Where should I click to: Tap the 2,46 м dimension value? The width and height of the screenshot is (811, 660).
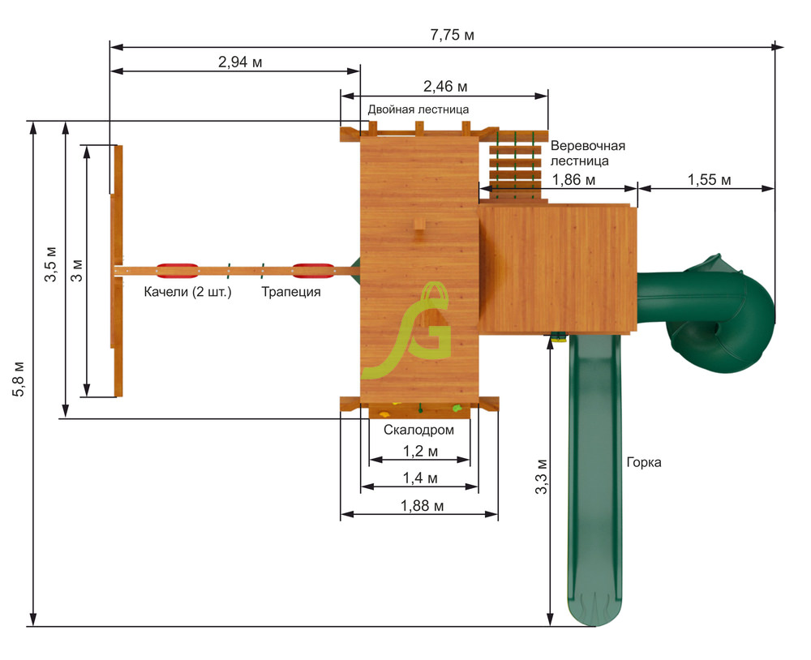click(445, 86)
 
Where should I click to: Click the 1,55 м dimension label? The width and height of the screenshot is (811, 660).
click(708, 180)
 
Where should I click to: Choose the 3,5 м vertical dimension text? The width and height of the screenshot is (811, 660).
click(50, 263)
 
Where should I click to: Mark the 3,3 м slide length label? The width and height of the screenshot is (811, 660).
click(542, 476)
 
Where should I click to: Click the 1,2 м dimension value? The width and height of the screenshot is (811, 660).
click(420, 451)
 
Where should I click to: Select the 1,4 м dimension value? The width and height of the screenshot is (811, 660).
click(420, 478)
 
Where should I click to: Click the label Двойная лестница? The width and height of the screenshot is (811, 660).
click(418, 109)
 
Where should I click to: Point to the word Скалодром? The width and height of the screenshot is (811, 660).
click(418, 430)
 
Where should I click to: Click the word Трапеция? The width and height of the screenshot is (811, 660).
click(290, 292)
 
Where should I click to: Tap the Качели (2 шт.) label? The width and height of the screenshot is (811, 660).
click(188, 292)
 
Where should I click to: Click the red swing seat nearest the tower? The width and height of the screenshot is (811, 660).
click(312, 269)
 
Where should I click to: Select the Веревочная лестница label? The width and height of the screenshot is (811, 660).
click(588, 153)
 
